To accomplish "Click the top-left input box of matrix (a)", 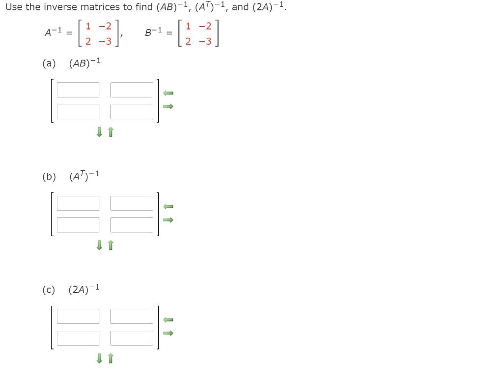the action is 78,90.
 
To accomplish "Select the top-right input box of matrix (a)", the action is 132,90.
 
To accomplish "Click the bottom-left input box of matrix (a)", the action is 78,111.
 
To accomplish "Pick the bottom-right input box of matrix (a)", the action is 132,111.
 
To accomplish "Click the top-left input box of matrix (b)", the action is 78,203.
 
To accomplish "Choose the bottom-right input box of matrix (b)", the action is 132,225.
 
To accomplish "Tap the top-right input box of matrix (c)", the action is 132,317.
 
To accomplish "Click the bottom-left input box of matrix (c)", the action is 78,338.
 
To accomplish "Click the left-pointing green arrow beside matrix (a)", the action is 168,93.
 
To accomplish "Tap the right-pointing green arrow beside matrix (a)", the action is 168,106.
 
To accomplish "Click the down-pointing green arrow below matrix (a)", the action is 99,132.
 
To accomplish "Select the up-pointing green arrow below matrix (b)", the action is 110,245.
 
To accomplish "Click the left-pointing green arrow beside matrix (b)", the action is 168,206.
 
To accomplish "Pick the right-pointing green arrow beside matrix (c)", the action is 168,333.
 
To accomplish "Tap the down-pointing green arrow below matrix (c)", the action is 99,359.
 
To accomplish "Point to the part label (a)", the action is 49,63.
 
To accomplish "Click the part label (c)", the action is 49,290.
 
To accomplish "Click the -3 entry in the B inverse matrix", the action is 205,41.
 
